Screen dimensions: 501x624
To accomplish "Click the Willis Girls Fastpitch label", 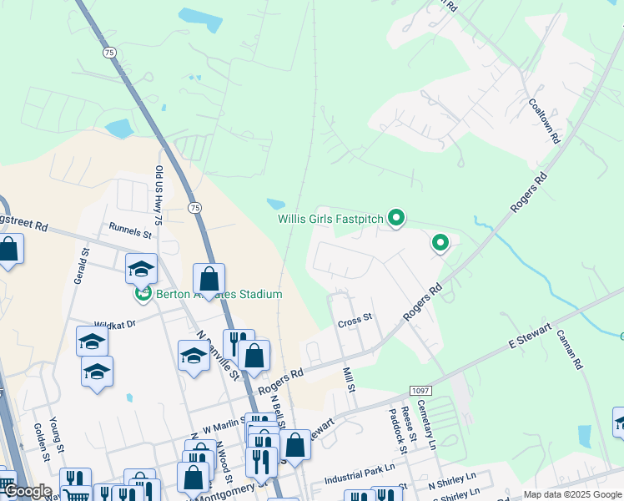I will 330,220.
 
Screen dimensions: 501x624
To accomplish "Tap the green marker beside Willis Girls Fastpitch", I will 396,219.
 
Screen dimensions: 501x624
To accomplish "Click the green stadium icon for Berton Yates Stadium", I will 143,294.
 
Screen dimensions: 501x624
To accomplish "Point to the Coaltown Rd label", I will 542,121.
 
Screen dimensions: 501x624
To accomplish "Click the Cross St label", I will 354,320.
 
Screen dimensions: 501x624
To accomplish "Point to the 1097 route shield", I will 420,391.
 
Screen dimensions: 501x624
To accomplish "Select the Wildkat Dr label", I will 114,325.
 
